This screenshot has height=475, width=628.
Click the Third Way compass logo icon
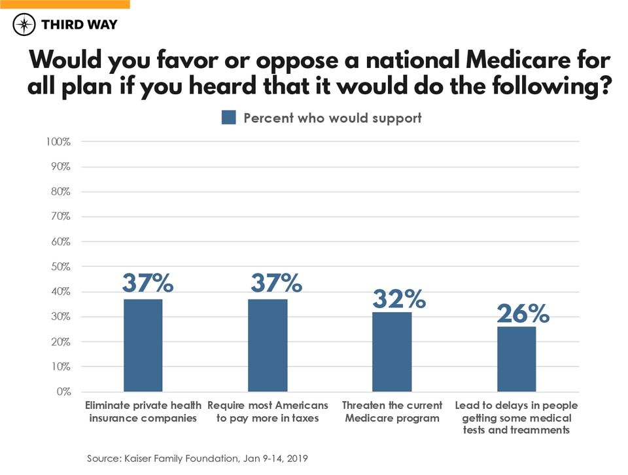[x=24, y=26]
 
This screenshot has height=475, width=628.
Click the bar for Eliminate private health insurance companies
[x=143, y=345]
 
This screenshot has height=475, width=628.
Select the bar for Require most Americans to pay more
[x=268, y=345]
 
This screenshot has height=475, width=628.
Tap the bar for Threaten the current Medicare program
[x=392, y=352]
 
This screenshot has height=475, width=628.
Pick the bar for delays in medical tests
[x=516, y=359]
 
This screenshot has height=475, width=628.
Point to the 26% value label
[x=523, y=313]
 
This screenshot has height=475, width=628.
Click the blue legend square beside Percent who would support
[x=228, y=118]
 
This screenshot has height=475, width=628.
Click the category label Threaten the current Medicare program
[x=392, y=412]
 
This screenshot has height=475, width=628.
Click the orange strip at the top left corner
[x=65, y=4]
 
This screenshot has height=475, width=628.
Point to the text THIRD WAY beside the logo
[x=78, y=26]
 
